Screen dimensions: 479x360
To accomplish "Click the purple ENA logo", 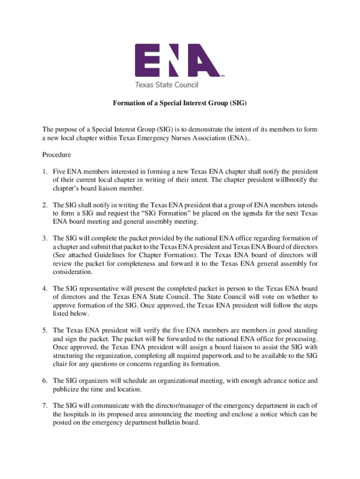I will click(178, 60).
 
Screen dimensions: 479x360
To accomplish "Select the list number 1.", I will click(44, 171).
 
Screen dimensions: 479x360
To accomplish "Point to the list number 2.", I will click(44, 205).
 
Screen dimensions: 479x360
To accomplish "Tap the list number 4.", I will click(44, 289).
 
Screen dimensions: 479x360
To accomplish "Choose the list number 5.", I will click(44, 331).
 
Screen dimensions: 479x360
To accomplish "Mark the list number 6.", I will click(44, 381).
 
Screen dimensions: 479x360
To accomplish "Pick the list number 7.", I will click(44, 406).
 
